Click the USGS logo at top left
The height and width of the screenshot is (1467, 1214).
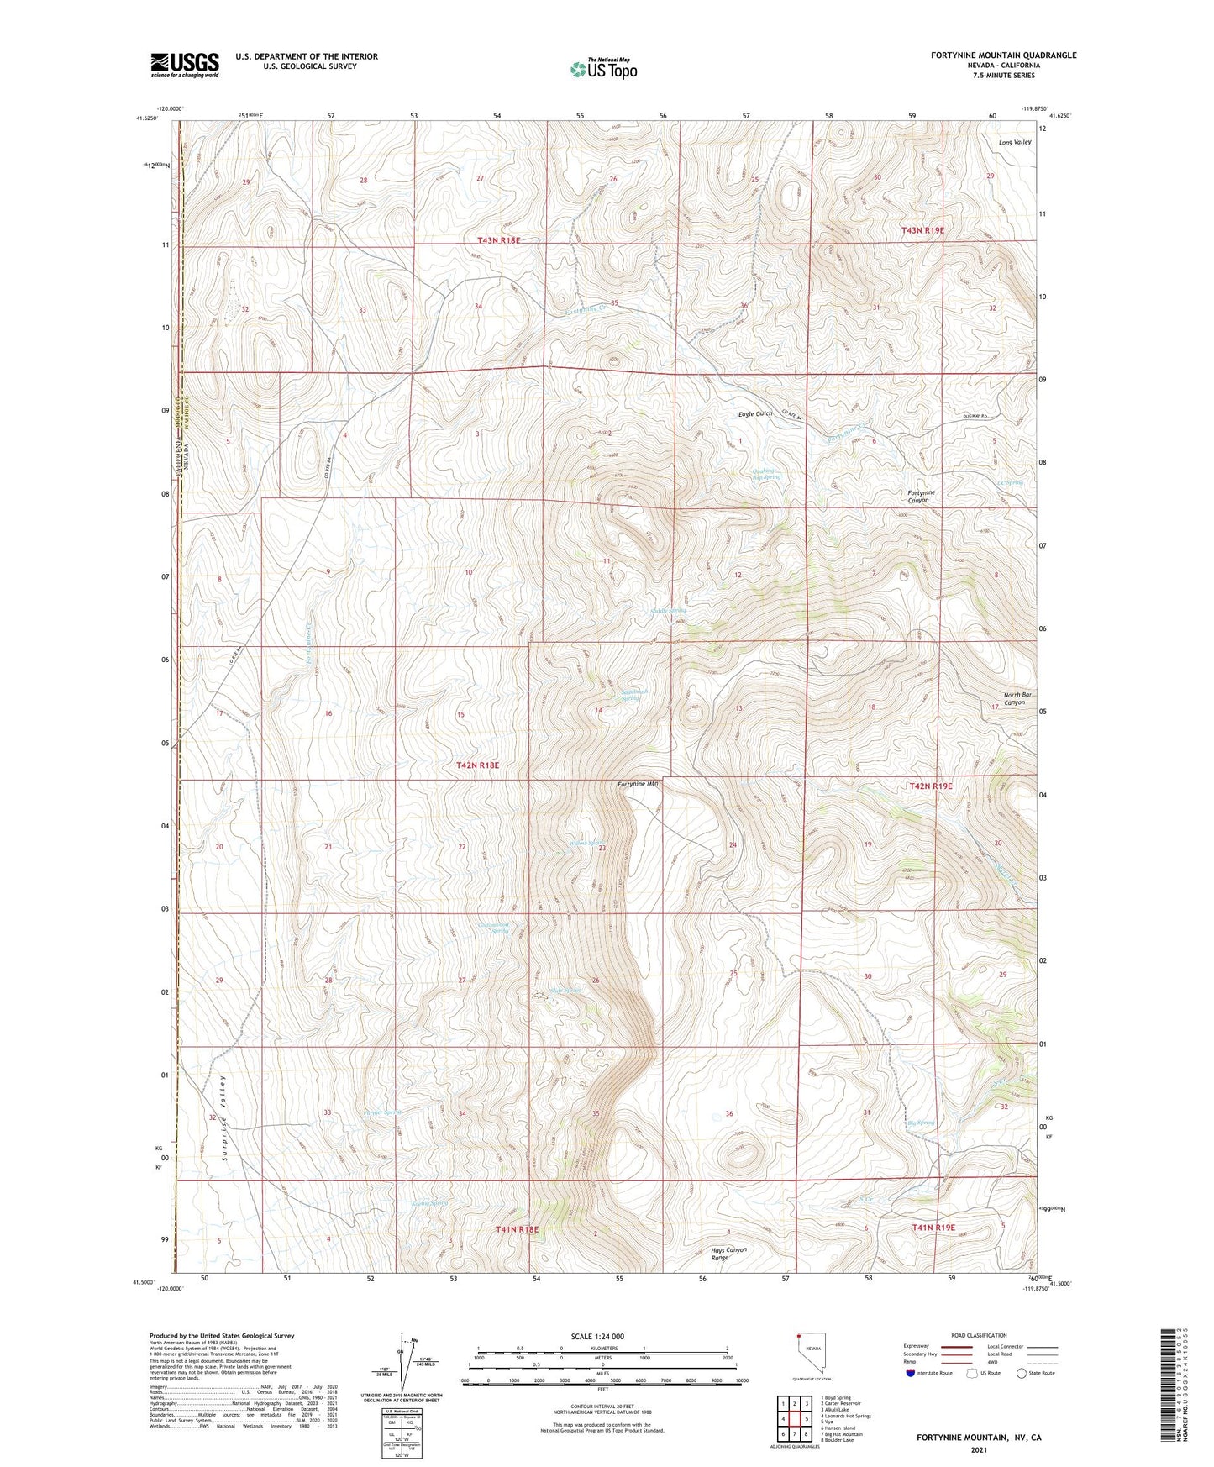(x=184, y=65)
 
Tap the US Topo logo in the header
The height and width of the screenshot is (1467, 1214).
(x=603, y=69)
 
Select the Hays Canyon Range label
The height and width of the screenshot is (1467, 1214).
(x=729, y=1254)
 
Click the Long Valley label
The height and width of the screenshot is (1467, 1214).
(x=1015, y=142)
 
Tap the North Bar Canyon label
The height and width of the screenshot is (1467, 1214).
(x=1015, y=698)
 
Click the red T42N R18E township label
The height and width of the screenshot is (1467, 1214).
(x=477, y=765)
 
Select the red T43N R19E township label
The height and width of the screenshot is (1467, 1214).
(x=922, y=229)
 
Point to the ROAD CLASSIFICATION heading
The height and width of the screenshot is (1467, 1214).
(x=979, y=1335)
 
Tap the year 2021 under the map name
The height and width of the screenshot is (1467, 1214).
(x=978, y=1449)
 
